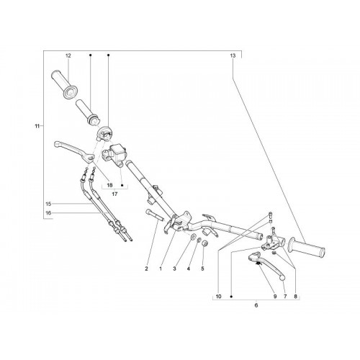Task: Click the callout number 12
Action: point(68,55)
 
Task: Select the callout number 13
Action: point(233,55)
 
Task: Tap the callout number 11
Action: point(37,126)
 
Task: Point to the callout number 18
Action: point(109,185)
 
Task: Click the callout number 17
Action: point(114,194)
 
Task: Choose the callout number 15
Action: point(48,204)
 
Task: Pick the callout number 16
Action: point(48,213)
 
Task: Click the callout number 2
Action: point(146,269)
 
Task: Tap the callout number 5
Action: point(202,269)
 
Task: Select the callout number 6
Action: point(256,305)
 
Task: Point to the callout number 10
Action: point(218,297)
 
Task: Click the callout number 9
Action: point(275,297)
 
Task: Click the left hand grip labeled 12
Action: point(64,84)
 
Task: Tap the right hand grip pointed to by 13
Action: point(307,248)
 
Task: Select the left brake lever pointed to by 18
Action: point(74,151)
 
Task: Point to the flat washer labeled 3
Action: point(193,237)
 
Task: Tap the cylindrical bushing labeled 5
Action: point(204,243)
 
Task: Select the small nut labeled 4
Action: point(199,240)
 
